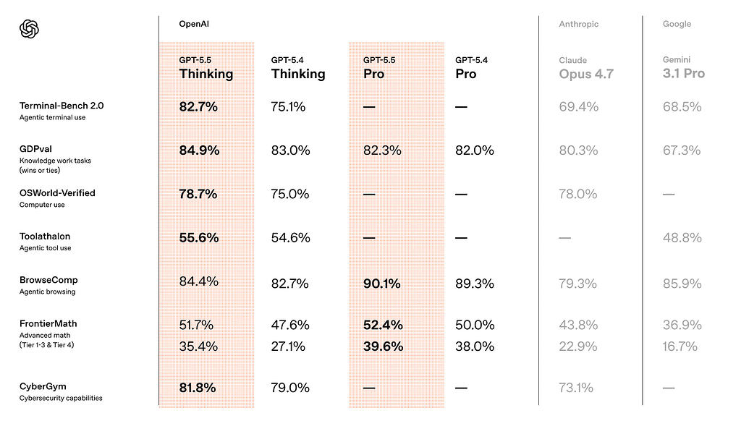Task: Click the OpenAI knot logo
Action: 29,29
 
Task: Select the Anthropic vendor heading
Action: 578,24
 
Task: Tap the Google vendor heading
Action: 677,24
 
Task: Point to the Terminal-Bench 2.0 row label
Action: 62,106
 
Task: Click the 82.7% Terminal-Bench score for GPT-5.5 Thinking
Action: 198,106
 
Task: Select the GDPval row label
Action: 36,149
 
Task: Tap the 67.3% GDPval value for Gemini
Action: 682,150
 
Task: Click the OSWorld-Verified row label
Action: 57,193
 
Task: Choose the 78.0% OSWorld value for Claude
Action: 578,195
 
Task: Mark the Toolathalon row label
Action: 45,237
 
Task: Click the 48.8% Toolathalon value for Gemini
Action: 682,238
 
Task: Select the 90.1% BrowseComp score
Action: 381,284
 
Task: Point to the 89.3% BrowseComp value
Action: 474,284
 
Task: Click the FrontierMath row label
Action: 48,323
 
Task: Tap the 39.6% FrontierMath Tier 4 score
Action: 383,346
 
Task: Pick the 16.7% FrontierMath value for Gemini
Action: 680,346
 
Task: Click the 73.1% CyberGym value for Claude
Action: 576,388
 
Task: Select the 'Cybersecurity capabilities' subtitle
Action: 61,398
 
